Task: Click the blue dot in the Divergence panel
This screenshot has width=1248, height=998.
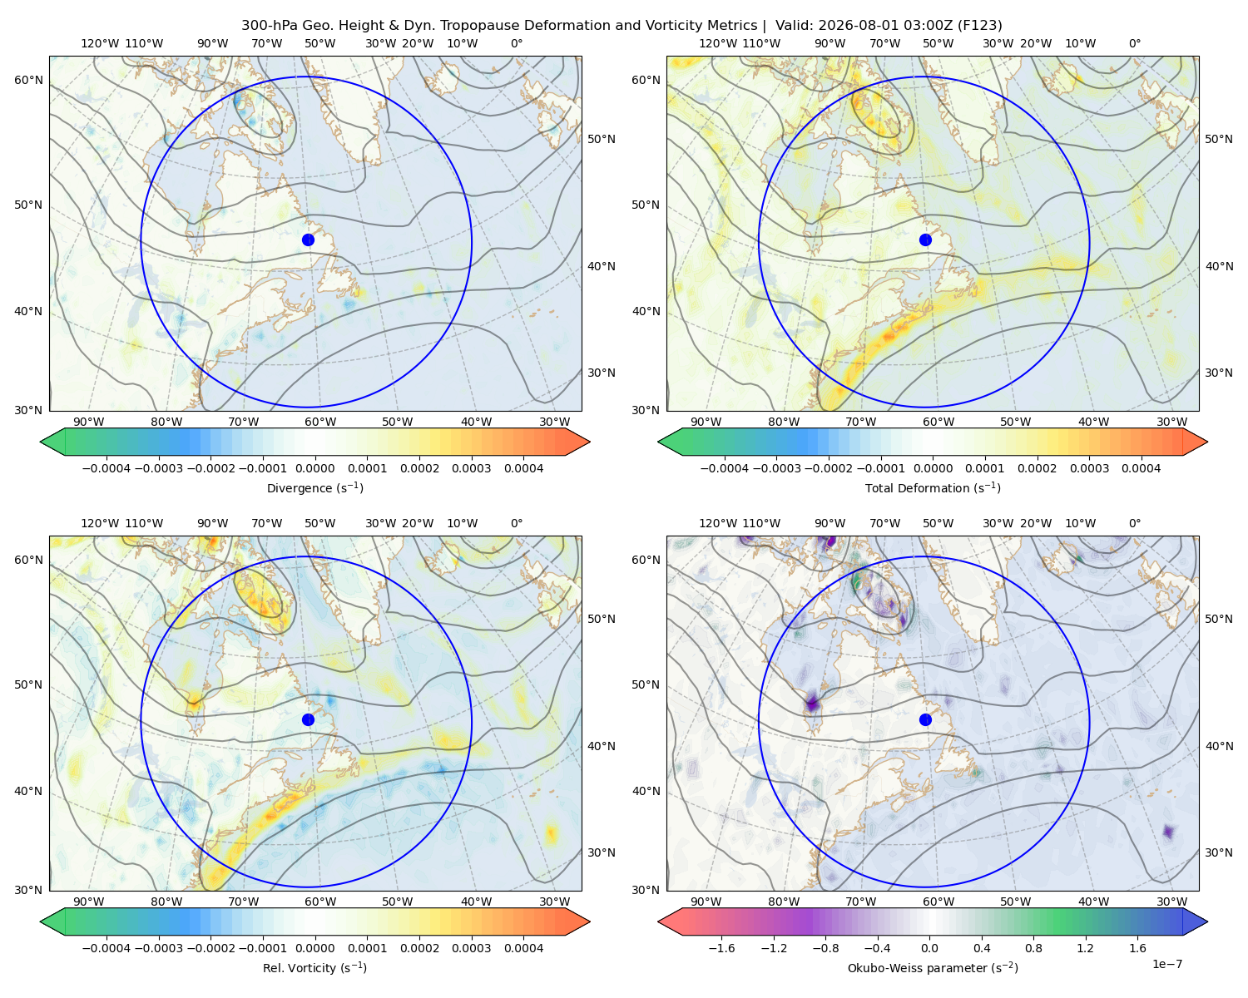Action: pyautogui.click(x=308, y=240)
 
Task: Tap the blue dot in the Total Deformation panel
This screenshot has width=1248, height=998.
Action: pyautogui.click(x=925, y=240)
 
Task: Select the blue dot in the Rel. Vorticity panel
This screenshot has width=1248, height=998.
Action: pyautogui.click(x=308, y=719)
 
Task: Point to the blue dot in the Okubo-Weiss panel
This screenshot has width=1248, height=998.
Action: pyautogui.click(x=925, y=719)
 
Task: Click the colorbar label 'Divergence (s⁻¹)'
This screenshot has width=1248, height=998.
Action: pyautogui.click(x=314, y=487)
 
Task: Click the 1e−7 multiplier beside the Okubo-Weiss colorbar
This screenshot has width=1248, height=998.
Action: pyautogui.click(x=1166, y=964)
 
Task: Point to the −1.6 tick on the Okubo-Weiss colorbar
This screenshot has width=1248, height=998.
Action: pyautogui.click(x=721, y=947)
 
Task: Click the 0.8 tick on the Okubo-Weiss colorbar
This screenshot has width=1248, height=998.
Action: pyautogui.click(x=1033, y=947)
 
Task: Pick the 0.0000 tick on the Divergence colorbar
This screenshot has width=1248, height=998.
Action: pyautogui.click(x=314, y=468)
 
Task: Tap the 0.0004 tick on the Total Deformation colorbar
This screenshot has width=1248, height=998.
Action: pyautogui.click(x=1142, y=468)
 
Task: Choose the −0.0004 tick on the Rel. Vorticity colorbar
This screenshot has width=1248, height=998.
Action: pyautogui.click(x=106, y=947)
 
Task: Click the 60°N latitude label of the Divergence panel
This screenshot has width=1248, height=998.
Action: pyautogui.click(x=28, y=80)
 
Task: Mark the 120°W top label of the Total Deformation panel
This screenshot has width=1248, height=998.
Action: pyautogui.click(x=717, y=43)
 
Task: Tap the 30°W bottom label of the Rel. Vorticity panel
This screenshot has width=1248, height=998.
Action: pyautogui.click(x=554, y=902)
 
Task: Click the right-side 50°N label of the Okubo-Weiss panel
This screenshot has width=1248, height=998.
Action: pyautogui.click(x=1219, y=619)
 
